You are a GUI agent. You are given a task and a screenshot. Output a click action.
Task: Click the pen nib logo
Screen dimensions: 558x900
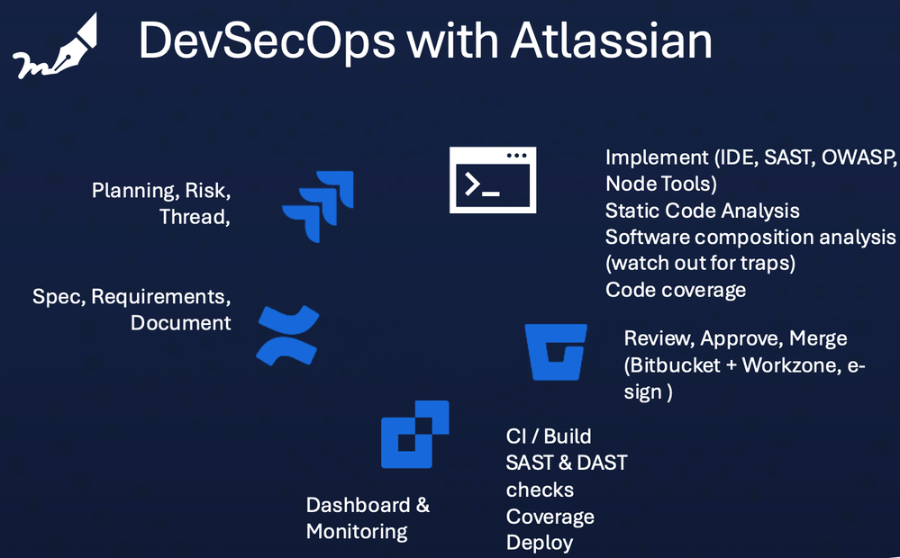[54, 49]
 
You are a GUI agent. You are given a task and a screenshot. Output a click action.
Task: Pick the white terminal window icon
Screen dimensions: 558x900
[493, 180]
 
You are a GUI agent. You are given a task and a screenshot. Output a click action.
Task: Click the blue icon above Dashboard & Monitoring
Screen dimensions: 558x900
[414, 435]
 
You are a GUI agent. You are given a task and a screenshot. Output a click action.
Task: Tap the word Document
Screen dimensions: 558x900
[180, 322]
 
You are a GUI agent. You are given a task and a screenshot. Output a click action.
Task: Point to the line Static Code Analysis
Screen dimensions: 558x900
[702, 211]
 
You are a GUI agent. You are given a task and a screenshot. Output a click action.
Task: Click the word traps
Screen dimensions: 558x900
[761, 264]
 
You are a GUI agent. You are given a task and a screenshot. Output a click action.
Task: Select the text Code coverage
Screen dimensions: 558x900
[676, 290]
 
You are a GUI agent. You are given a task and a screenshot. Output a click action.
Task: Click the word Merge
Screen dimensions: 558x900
[818, 339]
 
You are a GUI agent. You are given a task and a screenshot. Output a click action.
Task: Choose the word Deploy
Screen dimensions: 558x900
[539, 543]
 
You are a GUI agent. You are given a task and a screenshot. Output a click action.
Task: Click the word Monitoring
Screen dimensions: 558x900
[357, 531]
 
